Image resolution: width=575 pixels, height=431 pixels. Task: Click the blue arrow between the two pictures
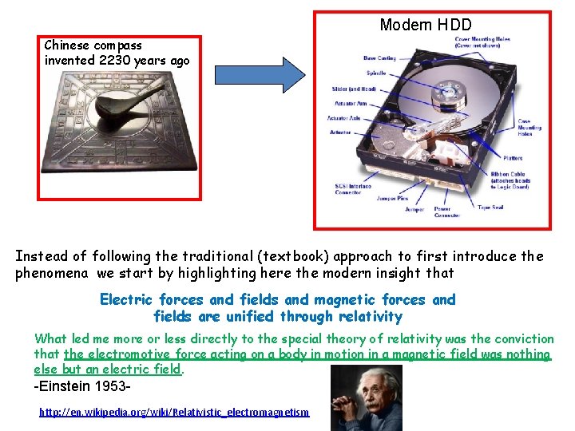tap(260, 73)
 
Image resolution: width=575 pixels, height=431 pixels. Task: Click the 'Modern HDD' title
tap(426, 25)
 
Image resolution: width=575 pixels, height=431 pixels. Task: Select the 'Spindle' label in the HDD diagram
tap(376, 73)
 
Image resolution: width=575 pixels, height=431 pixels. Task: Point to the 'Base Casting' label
tap(379, 58)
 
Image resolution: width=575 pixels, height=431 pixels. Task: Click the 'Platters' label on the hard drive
tap(513, 158)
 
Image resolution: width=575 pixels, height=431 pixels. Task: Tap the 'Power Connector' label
tap(446, 212)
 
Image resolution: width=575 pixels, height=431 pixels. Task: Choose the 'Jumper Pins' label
tap(391, 196)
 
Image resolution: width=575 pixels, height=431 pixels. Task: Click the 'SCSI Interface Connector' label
tap(353, 189)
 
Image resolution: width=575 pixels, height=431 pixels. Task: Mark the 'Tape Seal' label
tap(490, 208)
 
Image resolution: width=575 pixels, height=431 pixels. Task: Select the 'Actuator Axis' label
tap(343, 118)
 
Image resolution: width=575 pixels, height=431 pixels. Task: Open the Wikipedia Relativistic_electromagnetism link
tap(174, 412)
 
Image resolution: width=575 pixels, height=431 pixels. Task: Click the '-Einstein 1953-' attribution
tap(82, 386)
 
